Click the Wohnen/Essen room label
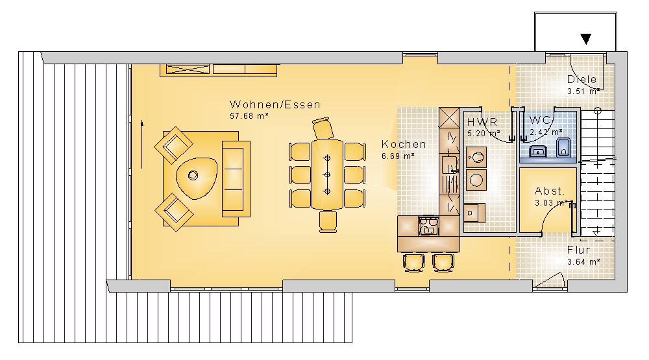[x=275, y=104]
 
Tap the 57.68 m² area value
[x=249, y=116]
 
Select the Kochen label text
[x=404, y=145]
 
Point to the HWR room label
[x=482, y=122]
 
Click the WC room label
[x=540, y=121]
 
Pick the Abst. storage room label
[x=550, y=191]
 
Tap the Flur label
[x=579, y=250]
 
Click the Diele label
[x=582, y=79]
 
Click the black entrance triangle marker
[x=585, y=39]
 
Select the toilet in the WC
[x=564, y=148]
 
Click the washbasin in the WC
[x=538, y=151]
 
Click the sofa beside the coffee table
[x=236, y=179]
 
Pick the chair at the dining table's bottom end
[x=328, y=221]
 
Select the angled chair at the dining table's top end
[x=323, y=128]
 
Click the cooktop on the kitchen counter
[x=429, y=226]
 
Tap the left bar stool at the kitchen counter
[x=413, y=262]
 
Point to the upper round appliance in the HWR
[x=476, y=158]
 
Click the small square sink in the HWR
[x=474, y=213]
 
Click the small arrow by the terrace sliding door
[x=142, y=144]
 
